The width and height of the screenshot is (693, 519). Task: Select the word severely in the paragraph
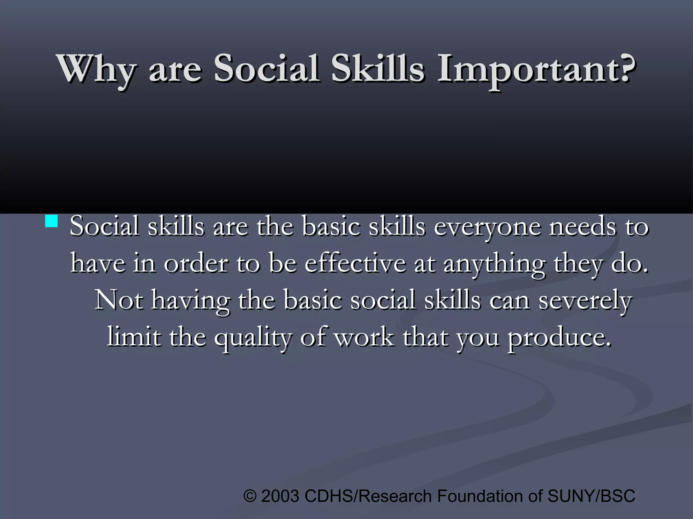[585, 300]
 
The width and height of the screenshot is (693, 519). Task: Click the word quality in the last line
[252, 338]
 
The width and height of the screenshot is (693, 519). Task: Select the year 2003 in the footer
[280, 496]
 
